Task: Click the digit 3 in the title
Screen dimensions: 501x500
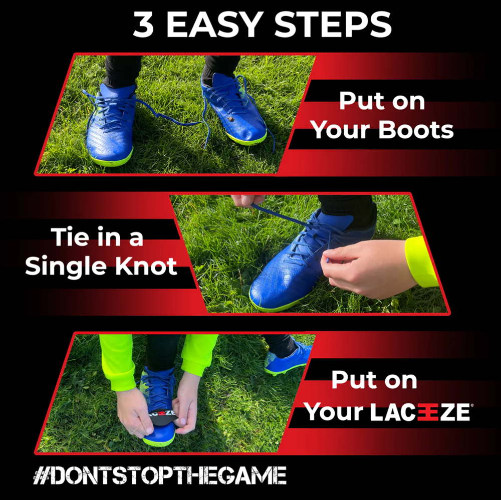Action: (x=143, y=25)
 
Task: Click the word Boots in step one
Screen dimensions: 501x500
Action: (x=416, y=130)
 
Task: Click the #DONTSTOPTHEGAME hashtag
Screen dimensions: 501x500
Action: (x=160, y=475)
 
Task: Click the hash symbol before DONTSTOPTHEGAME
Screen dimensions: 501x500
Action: (x=41, y=475)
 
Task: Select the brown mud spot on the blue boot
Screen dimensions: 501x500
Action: (x=230, y=119)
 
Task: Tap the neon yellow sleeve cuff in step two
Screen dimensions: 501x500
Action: (x=421, y=262)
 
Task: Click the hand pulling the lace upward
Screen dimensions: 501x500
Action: (x=247, y=200)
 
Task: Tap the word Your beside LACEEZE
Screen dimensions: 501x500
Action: (x=334, y=411)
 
